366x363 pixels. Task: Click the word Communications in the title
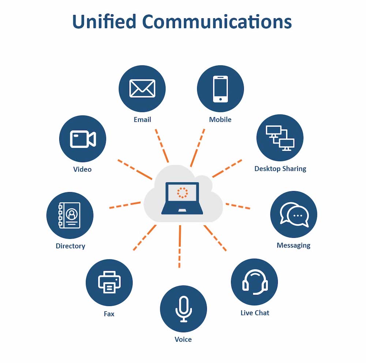pos(217,22)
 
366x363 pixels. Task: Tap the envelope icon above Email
pos(142,89)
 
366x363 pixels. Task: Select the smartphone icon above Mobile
pos(220,89)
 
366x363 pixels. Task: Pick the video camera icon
pos(83,139)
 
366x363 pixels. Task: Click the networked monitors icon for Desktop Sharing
pos(280,138)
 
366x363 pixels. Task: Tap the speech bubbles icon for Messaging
pos(294,214)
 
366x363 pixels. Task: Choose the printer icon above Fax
pos(109,282)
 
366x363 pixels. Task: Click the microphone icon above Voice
pos(183,309)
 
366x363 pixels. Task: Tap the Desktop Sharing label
pos(280,169)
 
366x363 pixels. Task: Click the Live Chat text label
pos(255,313)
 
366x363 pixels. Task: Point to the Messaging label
pos(294,245)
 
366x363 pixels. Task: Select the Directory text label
pos(70,246)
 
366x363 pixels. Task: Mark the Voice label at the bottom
pos(183,339)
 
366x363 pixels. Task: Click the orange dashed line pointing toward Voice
pos(180,246)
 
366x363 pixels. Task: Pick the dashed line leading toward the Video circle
pos(134,169)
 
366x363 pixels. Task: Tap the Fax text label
pos(109,314)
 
